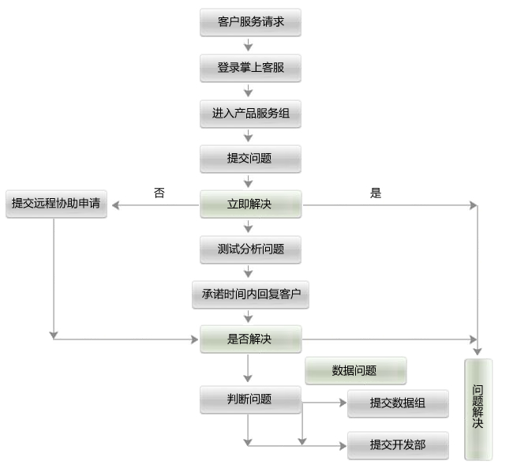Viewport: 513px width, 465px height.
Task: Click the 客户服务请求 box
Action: [x=251, y=22]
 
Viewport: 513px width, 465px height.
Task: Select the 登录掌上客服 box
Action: [x=251, y=68]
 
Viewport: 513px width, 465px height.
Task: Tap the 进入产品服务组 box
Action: [x=251, y=114]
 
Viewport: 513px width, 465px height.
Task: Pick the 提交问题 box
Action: [x=251, y=159]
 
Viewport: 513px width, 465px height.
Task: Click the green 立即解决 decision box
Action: [x=251, y=204]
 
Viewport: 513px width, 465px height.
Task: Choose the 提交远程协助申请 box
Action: [x=56, y=204]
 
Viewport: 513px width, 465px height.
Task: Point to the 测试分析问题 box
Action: [x=251, y=249]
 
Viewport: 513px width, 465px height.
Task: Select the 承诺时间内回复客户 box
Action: [x=251, y=294]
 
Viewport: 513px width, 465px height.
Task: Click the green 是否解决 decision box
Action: [x=251, y=339]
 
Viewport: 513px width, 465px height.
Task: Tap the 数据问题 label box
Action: [x=356, y=371]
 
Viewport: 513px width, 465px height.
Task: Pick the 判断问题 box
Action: [x=251, y=399]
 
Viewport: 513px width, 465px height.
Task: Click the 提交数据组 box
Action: [x=398, y=403]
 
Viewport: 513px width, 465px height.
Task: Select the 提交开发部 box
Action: [x=398, y=445]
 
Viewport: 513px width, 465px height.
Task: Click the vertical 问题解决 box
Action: [x=478, y=409]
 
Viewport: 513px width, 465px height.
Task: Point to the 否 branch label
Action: [x=159, y=193]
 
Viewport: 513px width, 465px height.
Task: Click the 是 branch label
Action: [x=376, y=193]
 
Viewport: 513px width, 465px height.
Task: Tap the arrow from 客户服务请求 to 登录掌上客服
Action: [x=249, y=45]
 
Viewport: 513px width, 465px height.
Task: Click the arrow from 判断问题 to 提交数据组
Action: [x=324, y=403]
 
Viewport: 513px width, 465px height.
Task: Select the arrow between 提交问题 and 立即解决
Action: [x=249, y=182]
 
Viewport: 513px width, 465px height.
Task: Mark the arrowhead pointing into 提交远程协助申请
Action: [x=115, y=205]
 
